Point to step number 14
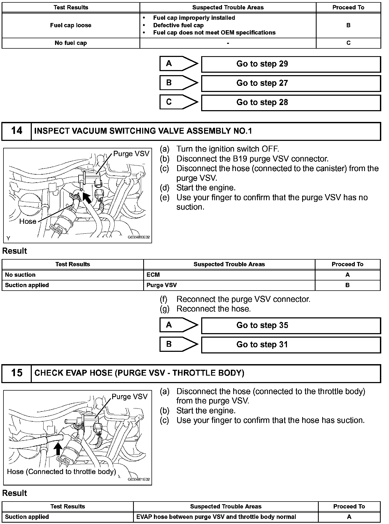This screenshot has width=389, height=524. click(x=17, y=131)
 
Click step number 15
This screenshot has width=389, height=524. click(x=17, y=373)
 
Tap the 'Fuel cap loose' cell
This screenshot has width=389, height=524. click(x=71, y=25)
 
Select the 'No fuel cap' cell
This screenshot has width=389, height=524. click(x=71, y=43)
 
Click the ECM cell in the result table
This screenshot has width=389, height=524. click(x=153, y=275)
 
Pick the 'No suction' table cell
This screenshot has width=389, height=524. click(x=20, y=275)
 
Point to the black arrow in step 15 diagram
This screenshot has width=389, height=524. click(x=58, y=449)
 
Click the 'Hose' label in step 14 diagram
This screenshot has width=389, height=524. click(x=28, y=222)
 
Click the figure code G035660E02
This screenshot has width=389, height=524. click(x=139, y=237)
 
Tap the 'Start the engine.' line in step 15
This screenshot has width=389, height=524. click(x=206, y=411)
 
